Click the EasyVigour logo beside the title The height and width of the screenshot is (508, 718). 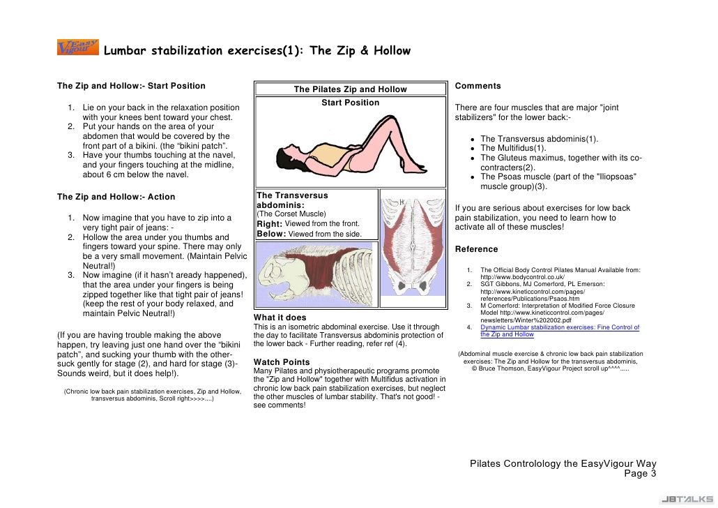pyautogui.click(x=78, y=47)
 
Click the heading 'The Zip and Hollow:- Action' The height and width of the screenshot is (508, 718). pyautogui.click(x=116, y=197)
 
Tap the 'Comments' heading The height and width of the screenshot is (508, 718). pyautogui.click(x=478, y=86)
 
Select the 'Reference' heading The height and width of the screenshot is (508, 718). pyautogui.click(x=476, y=249)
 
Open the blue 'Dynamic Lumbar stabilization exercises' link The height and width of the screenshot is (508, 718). pyautogui.click(x=560, y=331)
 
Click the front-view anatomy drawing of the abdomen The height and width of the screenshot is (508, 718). pyautogui.click(x=413, y=248)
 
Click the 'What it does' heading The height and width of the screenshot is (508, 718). pyautogui.click(x=280, y=317)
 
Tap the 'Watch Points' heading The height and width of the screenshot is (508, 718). pyautogui.click(x=282, y=361)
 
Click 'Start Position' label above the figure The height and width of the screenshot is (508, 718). pyautogui.click(x=351, y=103)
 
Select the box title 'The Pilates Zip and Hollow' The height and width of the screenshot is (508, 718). pyautogui.click(x=351, y=89)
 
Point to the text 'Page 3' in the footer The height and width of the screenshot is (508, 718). pyautogui.click(x=640, y=474)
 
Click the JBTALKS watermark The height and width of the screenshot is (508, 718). pyautogui.click(x=687, y=500)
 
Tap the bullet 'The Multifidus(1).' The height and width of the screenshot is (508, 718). pyautogui.click(x=513, y=148)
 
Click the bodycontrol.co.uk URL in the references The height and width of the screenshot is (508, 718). pyautogui.click(x=523, y=277)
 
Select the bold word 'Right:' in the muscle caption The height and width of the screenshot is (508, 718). pyautogui.click(x=270, y=224)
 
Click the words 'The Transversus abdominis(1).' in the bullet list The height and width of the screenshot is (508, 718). pyautogui.click(x=540, y=138)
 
